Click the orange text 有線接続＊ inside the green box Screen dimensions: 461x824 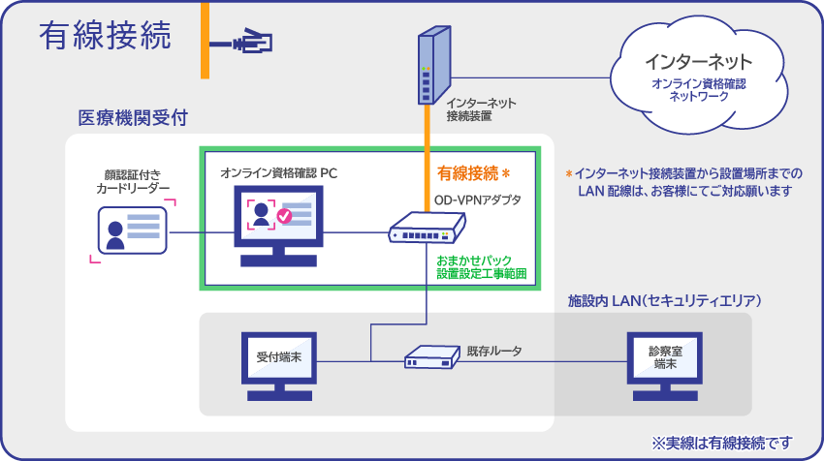coord(474,174)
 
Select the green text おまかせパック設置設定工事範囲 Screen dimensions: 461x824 coord(481,268)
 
